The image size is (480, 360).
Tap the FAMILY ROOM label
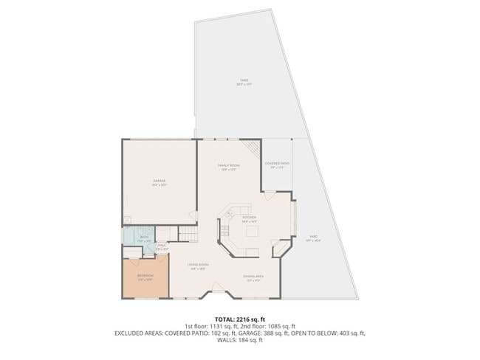[228, 167]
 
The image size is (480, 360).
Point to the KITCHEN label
[249, 218]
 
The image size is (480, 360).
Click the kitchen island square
[251, 232]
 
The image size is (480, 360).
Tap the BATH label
[144, 238]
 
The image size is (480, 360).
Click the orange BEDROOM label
[145, 277]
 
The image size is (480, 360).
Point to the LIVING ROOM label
[196, 266]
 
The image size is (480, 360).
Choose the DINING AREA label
[253, 277]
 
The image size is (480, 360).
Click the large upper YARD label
[244, 83]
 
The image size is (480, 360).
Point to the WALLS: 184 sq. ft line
[240, 342]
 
